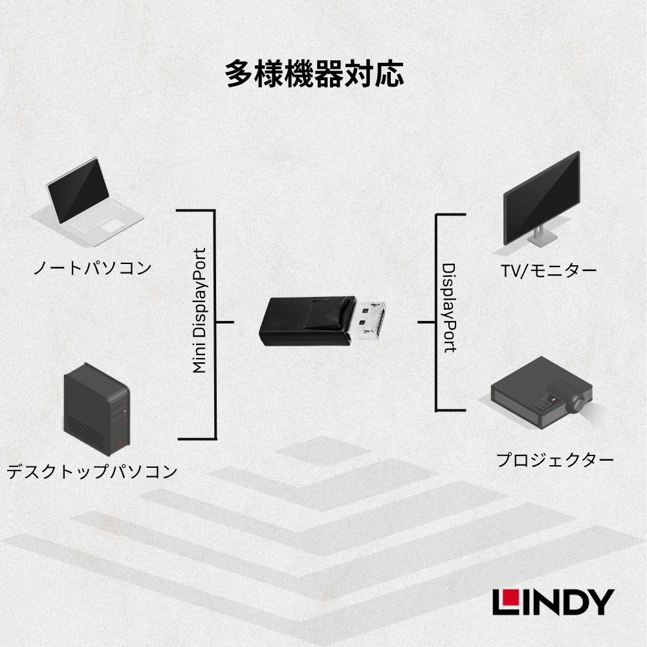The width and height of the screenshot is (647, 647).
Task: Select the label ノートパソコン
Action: (x=92, y=267)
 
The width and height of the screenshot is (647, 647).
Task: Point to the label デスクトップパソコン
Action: (x=92, y=471)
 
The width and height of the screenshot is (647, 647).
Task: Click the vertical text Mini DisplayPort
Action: (x=199, y=311)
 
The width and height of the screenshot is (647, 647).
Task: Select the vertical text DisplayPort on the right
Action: (x=448, y=307)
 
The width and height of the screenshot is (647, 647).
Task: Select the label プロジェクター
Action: (x=555, y=461)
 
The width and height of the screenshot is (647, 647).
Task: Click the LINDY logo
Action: (x=553, y=602)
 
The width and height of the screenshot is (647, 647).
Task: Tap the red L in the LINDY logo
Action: (x=504, y=602)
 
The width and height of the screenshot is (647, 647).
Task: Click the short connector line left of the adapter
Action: (x=224, y=322)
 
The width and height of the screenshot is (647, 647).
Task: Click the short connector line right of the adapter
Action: (x=426, y=322)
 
